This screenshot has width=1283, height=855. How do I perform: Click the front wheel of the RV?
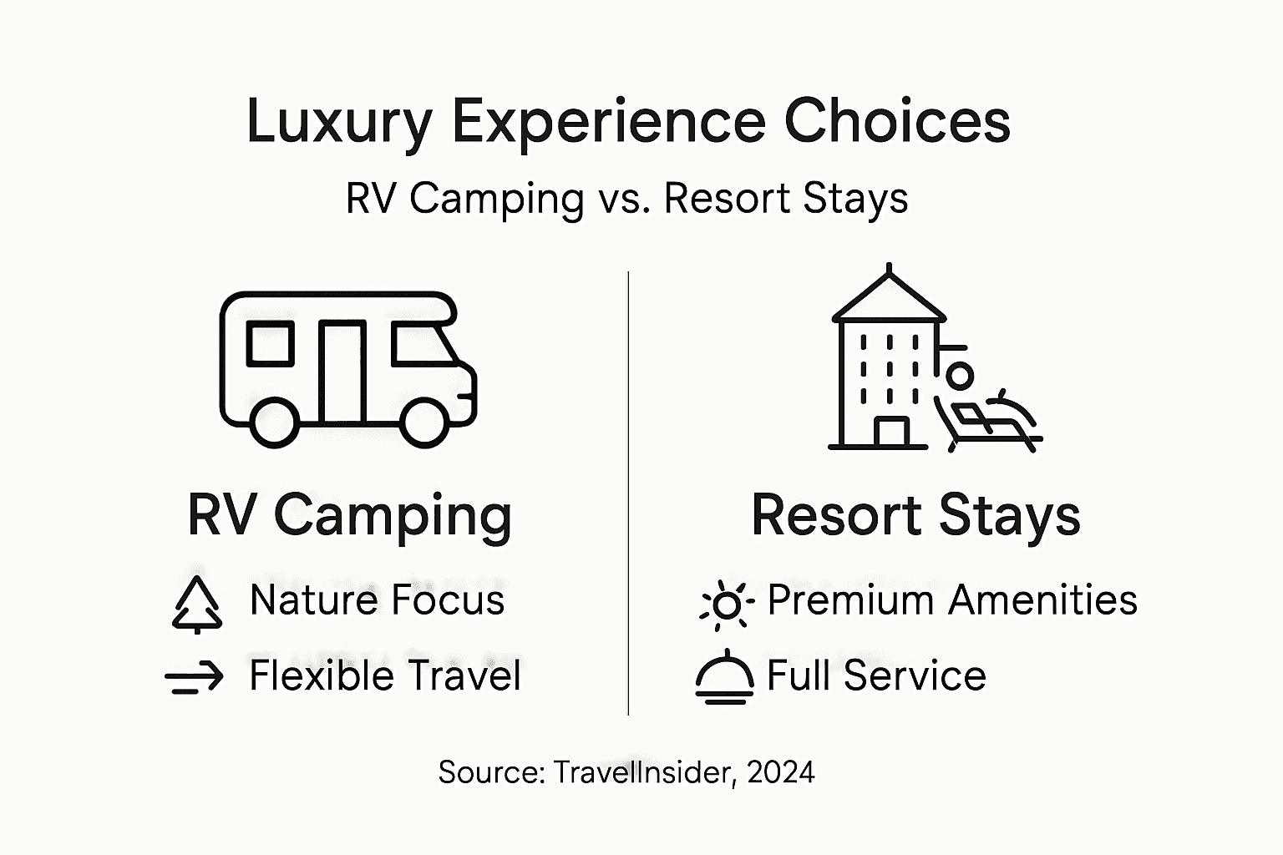tap(424, 422)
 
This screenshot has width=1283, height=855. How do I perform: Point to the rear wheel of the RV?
tap(274, 422)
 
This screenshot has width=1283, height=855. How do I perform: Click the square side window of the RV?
tap(270, 343)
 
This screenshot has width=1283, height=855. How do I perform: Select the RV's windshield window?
tap(423, 344)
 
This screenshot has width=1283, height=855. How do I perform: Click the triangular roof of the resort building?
tap(889, 297)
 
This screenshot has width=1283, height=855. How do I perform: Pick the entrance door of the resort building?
tap(891, 432)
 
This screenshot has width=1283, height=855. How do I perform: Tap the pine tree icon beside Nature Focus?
tap(197, 604)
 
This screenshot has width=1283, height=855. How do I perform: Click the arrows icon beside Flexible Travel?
tap(195, 677)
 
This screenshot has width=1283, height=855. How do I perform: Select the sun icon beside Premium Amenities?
tap(727, 605)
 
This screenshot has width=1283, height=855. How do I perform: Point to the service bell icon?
tap(724, 677)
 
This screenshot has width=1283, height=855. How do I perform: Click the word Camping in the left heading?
tap(392, 515)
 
